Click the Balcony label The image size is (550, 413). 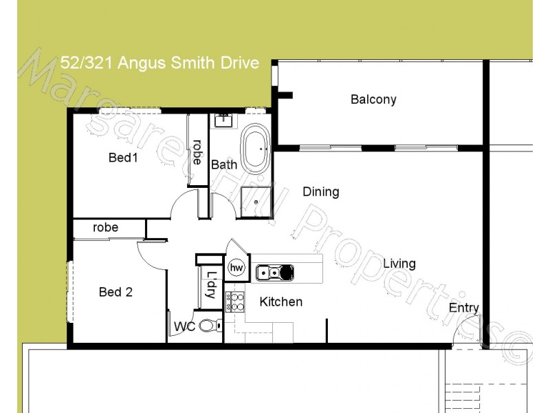373,100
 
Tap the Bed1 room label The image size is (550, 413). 124,158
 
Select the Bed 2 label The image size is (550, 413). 115,292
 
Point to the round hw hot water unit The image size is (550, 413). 236,268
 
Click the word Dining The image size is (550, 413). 320,192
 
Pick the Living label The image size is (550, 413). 399,264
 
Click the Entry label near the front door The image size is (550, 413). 464,308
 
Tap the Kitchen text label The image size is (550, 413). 280,301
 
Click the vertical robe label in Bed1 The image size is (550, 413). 197,153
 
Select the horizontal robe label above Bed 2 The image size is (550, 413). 106,227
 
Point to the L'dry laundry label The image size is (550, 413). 210,286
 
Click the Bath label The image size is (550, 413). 224,165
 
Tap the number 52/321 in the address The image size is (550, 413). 89,63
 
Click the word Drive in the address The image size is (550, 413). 238,63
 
